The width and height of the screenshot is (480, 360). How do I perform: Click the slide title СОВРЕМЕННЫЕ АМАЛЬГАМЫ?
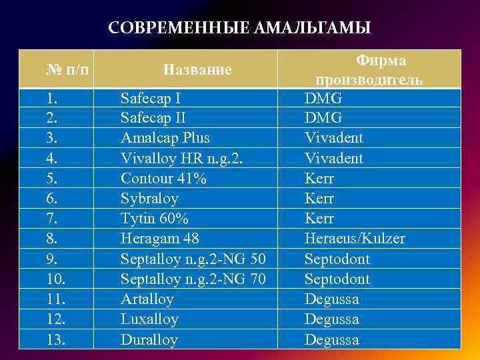[239, 28]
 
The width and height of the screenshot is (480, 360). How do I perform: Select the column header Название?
[197, 69]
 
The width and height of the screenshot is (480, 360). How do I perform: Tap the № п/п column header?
[69, 69]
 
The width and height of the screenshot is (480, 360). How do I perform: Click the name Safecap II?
[153, 118]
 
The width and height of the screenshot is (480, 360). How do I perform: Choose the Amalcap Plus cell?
[165, 138]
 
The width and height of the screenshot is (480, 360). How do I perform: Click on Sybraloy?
[149, 199]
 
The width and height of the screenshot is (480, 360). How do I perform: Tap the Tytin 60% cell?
[154, 219]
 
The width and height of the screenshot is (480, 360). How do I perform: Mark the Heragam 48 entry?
[159, 239]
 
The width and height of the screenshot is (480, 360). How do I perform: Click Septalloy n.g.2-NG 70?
[193, 279]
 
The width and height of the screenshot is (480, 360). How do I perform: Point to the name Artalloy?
[147, 299]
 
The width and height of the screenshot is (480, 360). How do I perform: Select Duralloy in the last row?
[149, 339]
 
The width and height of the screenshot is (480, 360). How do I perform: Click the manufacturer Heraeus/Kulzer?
[355, 239]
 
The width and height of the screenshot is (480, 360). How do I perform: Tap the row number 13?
[55, 339]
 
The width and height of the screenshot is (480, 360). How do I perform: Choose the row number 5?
[51, 179]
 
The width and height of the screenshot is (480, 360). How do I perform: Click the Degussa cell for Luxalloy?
[331, 319]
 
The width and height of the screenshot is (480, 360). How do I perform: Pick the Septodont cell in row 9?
[337, 259]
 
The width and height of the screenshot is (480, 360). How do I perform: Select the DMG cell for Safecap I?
[323, 98]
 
